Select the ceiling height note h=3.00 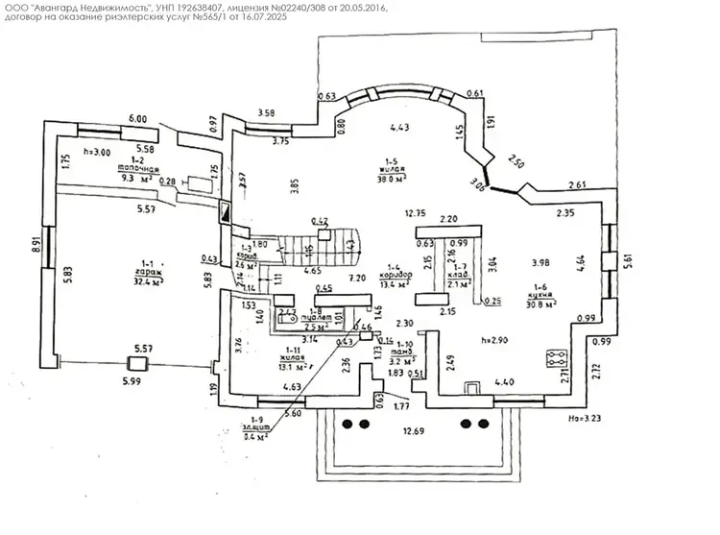98,153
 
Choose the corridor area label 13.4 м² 395,284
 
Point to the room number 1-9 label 255,420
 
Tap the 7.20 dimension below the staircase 358,278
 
